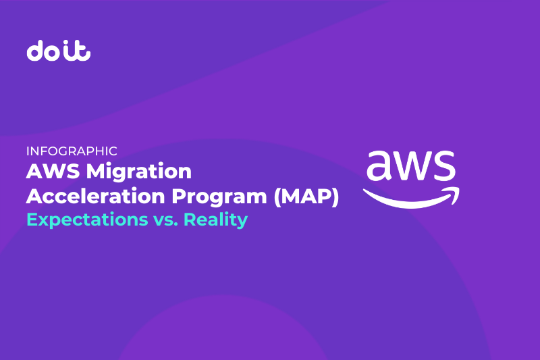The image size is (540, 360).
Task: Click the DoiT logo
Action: click(59, 51)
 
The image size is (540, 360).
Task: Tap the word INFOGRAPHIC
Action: click(72, 151)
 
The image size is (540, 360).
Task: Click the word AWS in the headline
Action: click(53, 171)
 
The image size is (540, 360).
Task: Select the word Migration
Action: click(139, 172)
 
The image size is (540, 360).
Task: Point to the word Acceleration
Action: click(95, 197)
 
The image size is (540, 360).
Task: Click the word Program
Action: click(219, 197)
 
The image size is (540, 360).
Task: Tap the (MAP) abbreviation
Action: click(306, 197)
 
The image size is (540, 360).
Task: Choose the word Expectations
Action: click(88, 220)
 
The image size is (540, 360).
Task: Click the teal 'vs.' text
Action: click(165, 220)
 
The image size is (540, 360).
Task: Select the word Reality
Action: click(215, 220)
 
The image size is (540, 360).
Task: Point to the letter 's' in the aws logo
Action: click(444, 165)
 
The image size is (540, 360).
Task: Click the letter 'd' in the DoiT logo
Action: click(36, 51)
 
